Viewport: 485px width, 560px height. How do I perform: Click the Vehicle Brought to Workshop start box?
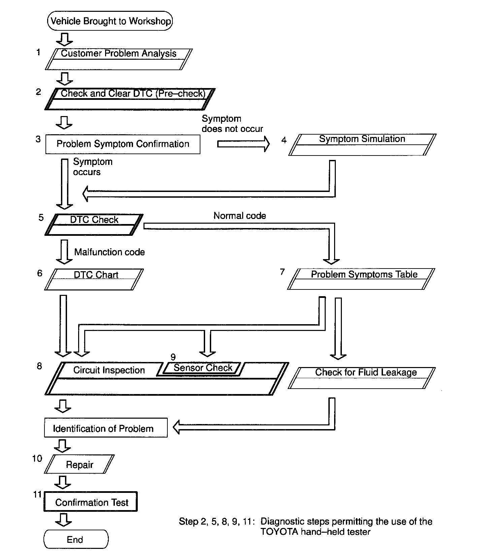click(x=110, y=21)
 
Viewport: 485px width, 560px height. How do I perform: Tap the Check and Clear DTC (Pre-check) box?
click(x=130, y=99)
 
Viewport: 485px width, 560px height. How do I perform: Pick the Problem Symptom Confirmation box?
click(x=123, y=144)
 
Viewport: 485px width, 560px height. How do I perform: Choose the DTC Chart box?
click(x=94, y=279)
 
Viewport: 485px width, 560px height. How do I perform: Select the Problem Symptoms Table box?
click(x=361, y=279)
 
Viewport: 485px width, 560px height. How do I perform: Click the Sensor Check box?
click(x=202, y=368)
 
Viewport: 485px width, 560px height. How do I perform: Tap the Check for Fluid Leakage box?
click(x=362, y=378)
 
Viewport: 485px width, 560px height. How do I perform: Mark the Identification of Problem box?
click(x=106, y=428)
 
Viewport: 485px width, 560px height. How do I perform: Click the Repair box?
click(x=79, y=464)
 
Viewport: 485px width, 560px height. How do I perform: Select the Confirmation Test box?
click(x=91, y=502)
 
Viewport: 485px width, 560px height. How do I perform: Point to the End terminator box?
click(x=76, y=539)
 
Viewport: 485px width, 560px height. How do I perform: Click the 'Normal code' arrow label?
click(x=239, y=216)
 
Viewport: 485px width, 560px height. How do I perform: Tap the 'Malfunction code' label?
click(x=109, y=252)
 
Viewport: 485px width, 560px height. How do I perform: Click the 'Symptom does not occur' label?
click(x=232, y=124)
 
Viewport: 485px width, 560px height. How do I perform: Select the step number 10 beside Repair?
click(x=37, y=458)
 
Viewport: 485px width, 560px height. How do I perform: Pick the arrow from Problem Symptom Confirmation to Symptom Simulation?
click(x=243, y=144)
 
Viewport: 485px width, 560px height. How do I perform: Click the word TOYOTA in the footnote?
click(x=279, y=532)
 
